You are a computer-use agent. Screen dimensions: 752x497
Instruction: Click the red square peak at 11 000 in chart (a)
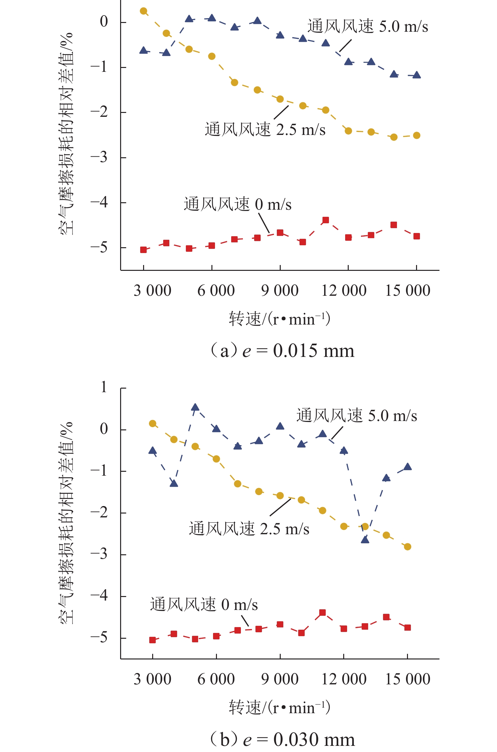[x=325, y=220]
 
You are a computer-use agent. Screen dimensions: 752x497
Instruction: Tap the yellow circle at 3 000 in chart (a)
[x=143, y=11]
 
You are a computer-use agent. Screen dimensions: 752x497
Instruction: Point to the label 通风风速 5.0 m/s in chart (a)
[x=367, y=27]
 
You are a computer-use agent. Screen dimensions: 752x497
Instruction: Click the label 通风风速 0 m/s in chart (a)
[x=237, y=205]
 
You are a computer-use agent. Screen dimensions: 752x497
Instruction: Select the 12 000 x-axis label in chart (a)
[x=344, y=291]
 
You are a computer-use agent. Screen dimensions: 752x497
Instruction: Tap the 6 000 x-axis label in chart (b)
[x=216, y=679]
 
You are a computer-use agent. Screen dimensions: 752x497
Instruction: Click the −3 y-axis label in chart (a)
[x=99, y=158]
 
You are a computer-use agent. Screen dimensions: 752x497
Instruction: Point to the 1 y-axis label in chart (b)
[x=104, y=387]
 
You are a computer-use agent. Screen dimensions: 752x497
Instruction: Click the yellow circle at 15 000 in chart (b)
[x=407, y=547]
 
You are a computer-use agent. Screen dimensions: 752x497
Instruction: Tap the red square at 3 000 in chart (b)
[x=152, y=640]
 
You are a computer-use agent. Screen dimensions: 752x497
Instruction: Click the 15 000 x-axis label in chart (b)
[x=407, y=679]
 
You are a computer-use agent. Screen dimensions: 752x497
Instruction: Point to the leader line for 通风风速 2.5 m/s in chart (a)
[x=281, y=112]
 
